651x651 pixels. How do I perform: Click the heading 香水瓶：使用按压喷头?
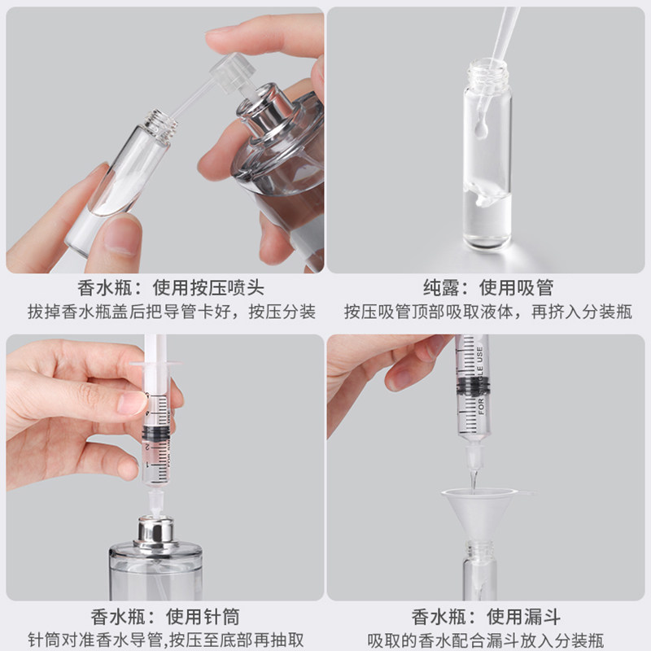[171, 288]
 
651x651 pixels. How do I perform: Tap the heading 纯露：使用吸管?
[487, 288]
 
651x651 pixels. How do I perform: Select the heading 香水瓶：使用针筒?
[165, 617]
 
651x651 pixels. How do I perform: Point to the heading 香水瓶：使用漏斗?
[486, 617]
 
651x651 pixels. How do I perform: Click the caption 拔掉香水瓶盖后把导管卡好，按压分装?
[172, 312]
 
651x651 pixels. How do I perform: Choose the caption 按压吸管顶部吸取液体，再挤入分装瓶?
[487, 312]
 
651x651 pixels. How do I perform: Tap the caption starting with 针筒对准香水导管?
[166, 640]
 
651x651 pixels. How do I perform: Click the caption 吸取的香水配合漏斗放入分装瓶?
[486, 640]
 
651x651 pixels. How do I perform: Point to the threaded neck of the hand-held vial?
[160, 125]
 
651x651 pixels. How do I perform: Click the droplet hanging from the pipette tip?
[480, 129]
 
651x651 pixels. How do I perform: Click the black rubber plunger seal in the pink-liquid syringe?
[156, 434]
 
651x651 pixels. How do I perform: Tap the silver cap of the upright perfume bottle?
[155, 534]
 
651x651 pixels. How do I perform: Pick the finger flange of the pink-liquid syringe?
[155, 365]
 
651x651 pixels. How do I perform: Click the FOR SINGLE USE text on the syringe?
[480, 381]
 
